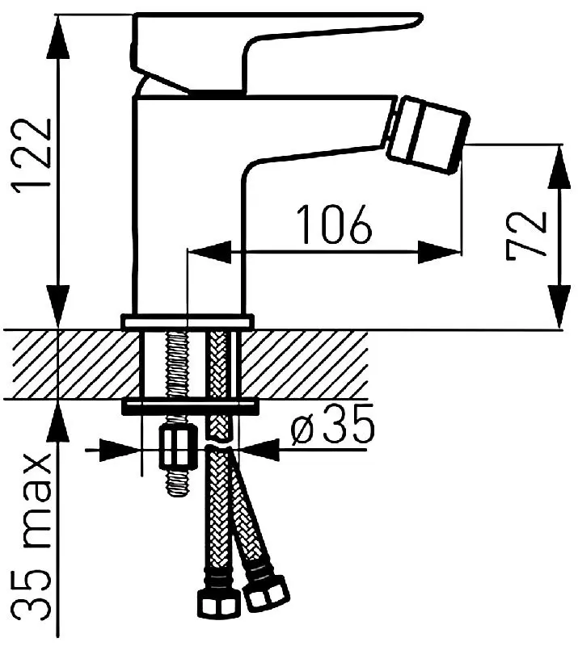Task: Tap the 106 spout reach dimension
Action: click(x=334, y=224)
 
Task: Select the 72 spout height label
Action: click(x=525, y=236)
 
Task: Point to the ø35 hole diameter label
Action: click(x=332, y=425)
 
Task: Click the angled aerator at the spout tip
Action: click(x=428, y=135)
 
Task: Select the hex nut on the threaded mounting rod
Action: click(x=177, y=447)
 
